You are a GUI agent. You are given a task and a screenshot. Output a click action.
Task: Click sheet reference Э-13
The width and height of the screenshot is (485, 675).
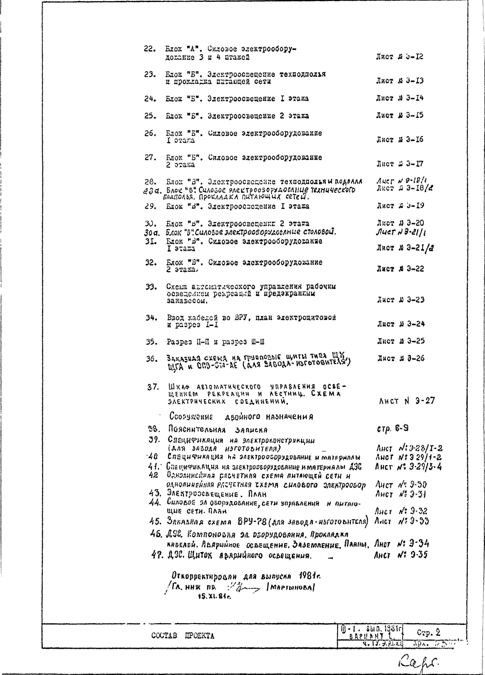(x=415, y=81)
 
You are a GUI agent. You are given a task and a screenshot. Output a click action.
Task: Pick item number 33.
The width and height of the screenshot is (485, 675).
(x=151, y=287)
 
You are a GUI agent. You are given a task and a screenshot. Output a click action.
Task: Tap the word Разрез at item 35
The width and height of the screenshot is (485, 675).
(x=179, y=342)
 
